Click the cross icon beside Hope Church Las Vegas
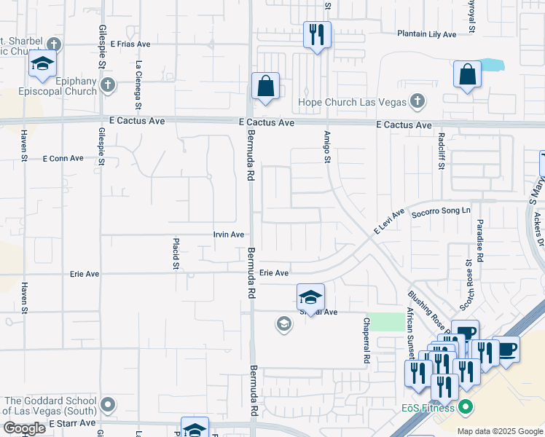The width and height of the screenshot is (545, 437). click(417, 101)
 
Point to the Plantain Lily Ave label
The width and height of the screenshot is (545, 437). click(427, 34)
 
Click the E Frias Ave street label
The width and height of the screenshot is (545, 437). click(130, 44)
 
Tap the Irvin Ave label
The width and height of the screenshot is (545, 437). click(228, 235)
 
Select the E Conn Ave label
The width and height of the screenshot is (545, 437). click(64, 158)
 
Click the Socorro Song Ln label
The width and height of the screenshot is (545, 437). click(442, 212)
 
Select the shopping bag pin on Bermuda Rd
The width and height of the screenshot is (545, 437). click(266, 86)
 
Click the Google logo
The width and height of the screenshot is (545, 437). click(23, 428)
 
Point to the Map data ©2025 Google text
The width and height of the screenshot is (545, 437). click(499, 431)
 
